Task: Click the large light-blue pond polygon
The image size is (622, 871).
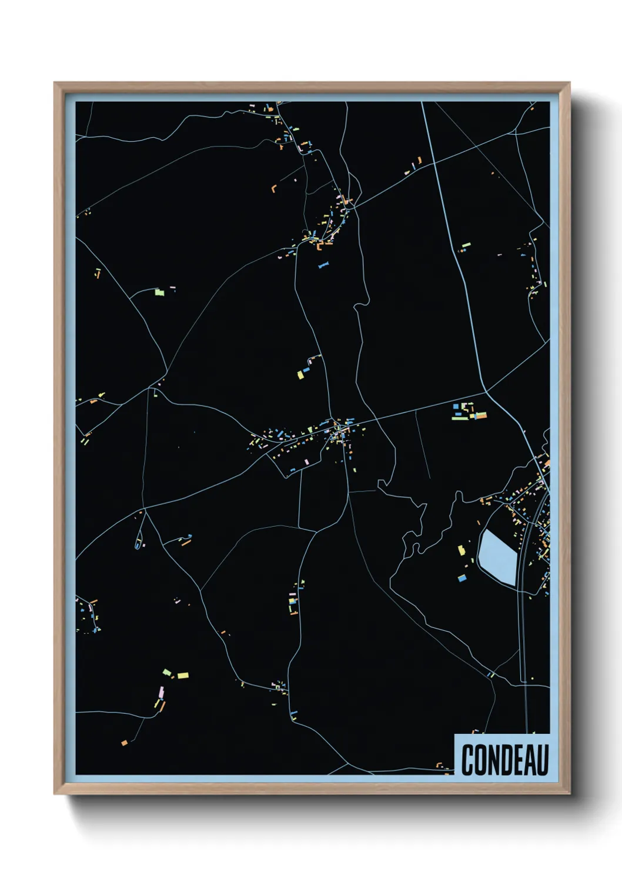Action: pyautogui.click(x=497, y=557)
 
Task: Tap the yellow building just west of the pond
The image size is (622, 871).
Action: pyautogui.click(x=462, y=550)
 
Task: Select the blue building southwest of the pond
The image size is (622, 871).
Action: pyautogui.click(x=462, y=579)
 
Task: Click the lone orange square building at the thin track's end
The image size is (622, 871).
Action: pyautogui.click(x=123, y=743)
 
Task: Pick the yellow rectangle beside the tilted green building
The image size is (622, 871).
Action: pyautogui.click(x=183, y=676)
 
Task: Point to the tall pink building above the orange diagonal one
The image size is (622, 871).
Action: pyautogui.click(x=160, y=692)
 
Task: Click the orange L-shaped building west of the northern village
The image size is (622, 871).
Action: pyautogui.click(x=274, y=188)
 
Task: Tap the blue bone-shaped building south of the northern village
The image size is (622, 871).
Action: pyautogui.click(x=322, y=266)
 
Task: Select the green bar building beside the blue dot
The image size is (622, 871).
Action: pyautogui.click(x=466, y=244)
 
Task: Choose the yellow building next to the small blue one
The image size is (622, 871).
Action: pyautogui.click(x=300, y=375)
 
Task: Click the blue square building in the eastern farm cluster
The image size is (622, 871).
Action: pyautogui.click(x=456, y=406)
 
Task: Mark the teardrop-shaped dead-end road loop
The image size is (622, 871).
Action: pyautogui.click(x=138, y=542)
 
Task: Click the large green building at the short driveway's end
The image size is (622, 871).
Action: pyautogui.click(x=158, y=291)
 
